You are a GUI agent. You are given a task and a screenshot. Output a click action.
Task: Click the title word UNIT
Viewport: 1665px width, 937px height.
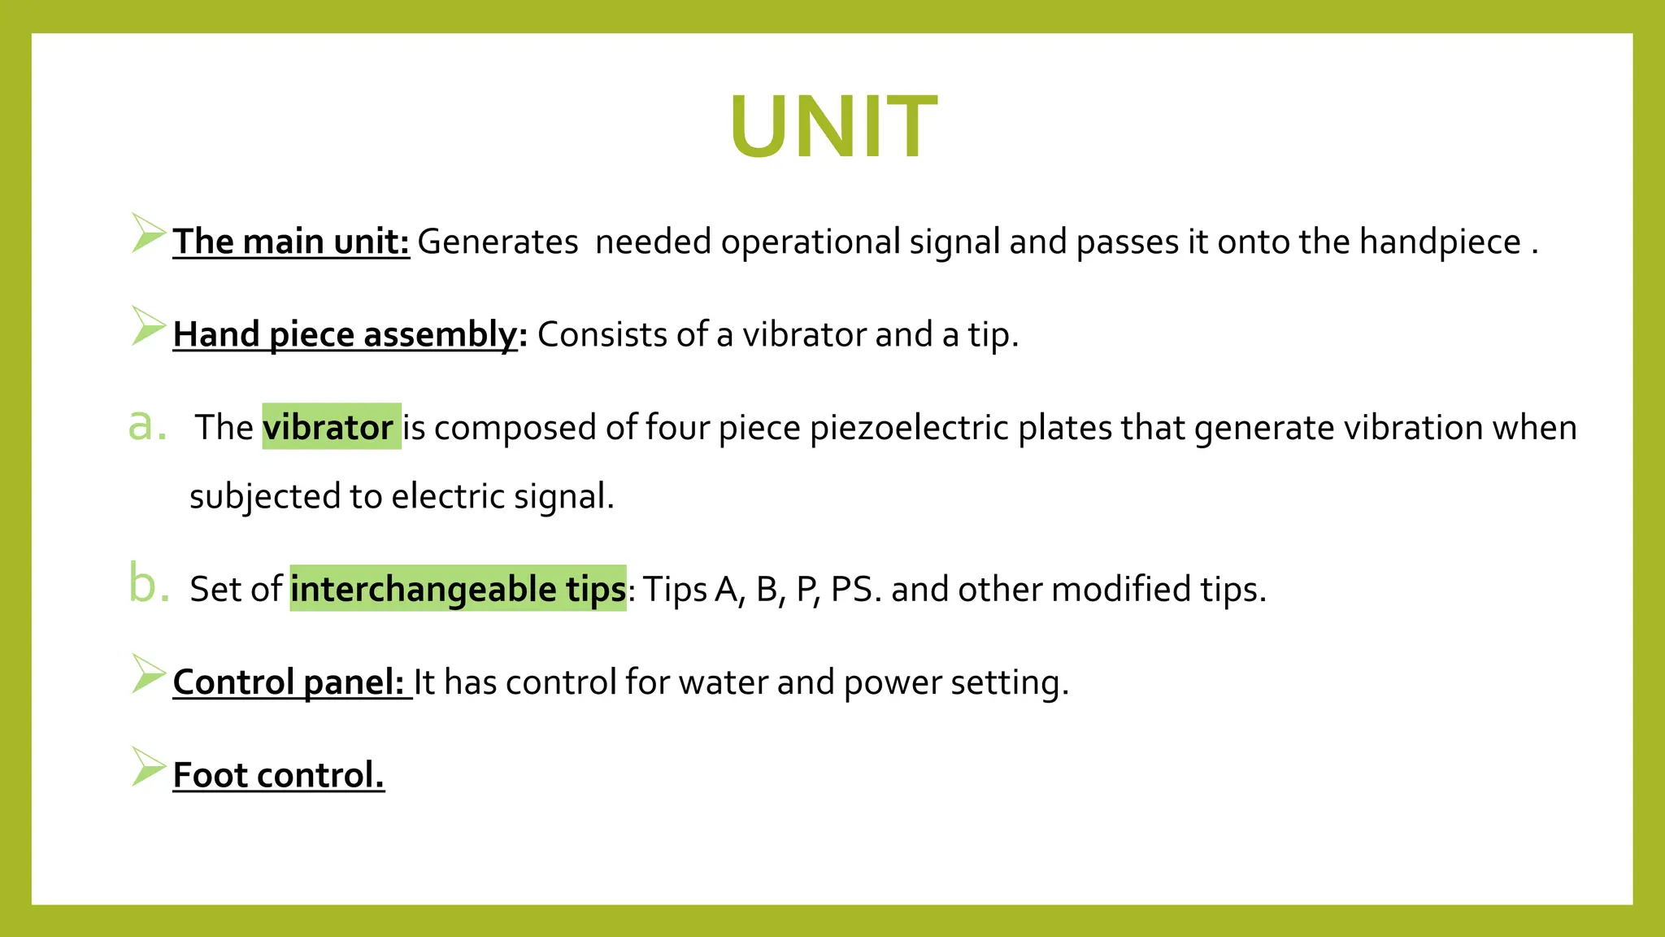(832, 127)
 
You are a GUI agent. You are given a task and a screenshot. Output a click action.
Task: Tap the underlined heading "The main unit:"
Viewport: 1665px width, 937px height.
(291, 242)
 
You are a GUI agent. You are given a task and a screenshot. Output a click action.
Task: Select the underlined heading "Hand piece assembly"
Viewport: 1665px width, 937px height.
(345, 334)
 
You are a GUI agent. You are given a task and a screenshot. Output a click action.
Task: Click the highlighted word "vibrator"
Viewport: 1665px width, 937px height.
(328, 427)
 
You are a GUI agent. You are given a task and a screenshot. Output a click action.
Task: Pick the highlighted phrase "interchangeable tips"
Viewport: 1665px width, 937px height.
(458, 589)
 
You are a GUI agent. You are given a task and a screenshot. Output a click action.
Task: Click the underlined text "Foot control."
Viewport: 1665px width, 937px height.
(278, 774)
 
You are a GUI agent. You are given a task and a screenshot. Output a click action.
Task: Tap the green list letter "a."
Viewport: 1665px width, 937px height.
(147, 425)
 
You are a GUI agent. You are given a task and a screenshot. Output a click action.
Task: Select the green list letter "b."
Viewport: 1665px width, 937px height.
(149, 586)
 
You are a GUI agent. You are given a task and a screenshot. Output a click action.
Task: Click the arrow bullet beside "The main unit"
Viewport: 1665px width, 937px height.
(148, 233)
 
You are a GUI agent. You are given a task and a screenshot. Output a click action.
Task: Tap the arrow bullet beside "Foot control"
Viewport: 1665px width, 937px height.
(148, 766)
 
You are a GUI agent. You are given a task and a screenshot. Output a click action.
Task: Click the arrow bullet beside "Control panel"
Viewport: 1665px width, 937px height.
(148, 673)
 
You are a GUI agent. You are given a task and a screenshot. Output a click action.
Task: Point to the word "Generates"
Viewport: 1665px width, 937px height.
(498, 242)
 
